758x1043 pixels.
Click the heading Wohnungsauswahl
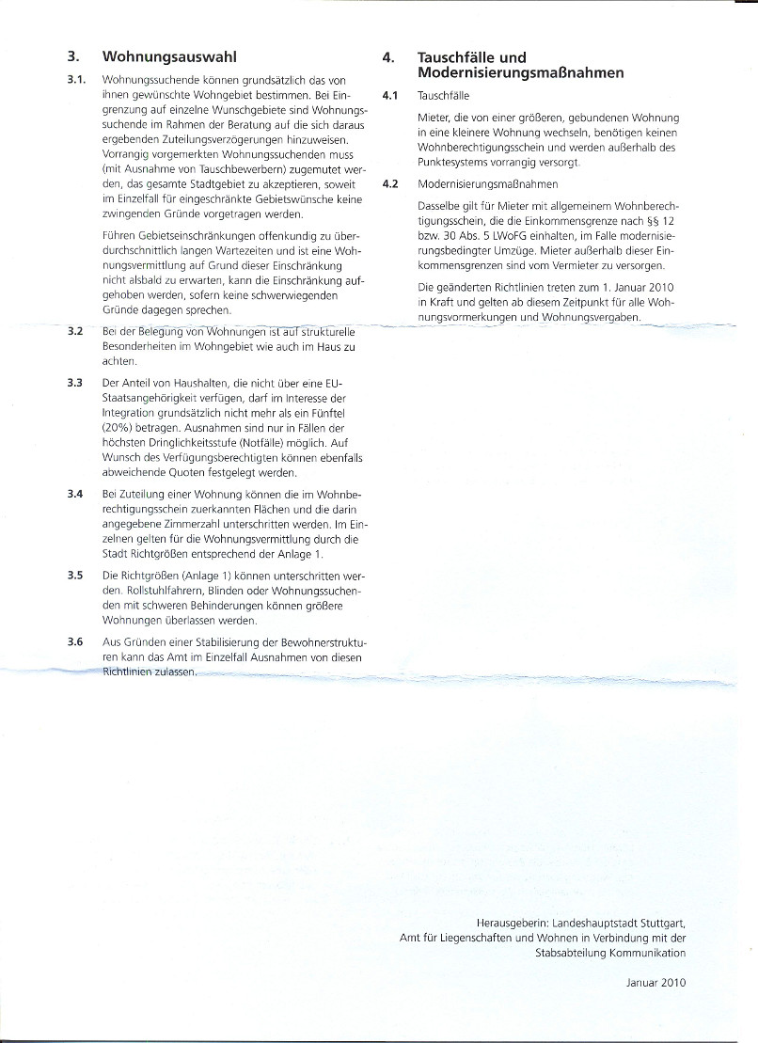coord(169,56)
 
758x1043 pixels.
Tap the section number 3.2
coord(76,332)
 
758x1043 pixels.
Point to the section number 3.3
coord(76,383)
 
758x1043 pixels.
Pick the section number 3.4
coord(76,494)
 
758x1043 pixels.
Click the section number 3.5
coord(76,575)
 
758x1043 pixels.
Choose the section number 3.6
coord(76,640)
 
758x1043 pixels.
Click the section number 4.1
coord(391,96)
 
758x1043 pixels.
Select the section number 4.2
coord(391,185)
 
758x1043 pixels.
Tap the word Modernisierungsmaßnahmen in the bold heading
coord(520,73)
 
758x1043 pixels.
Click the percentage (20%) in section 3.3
coord(118,427)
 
